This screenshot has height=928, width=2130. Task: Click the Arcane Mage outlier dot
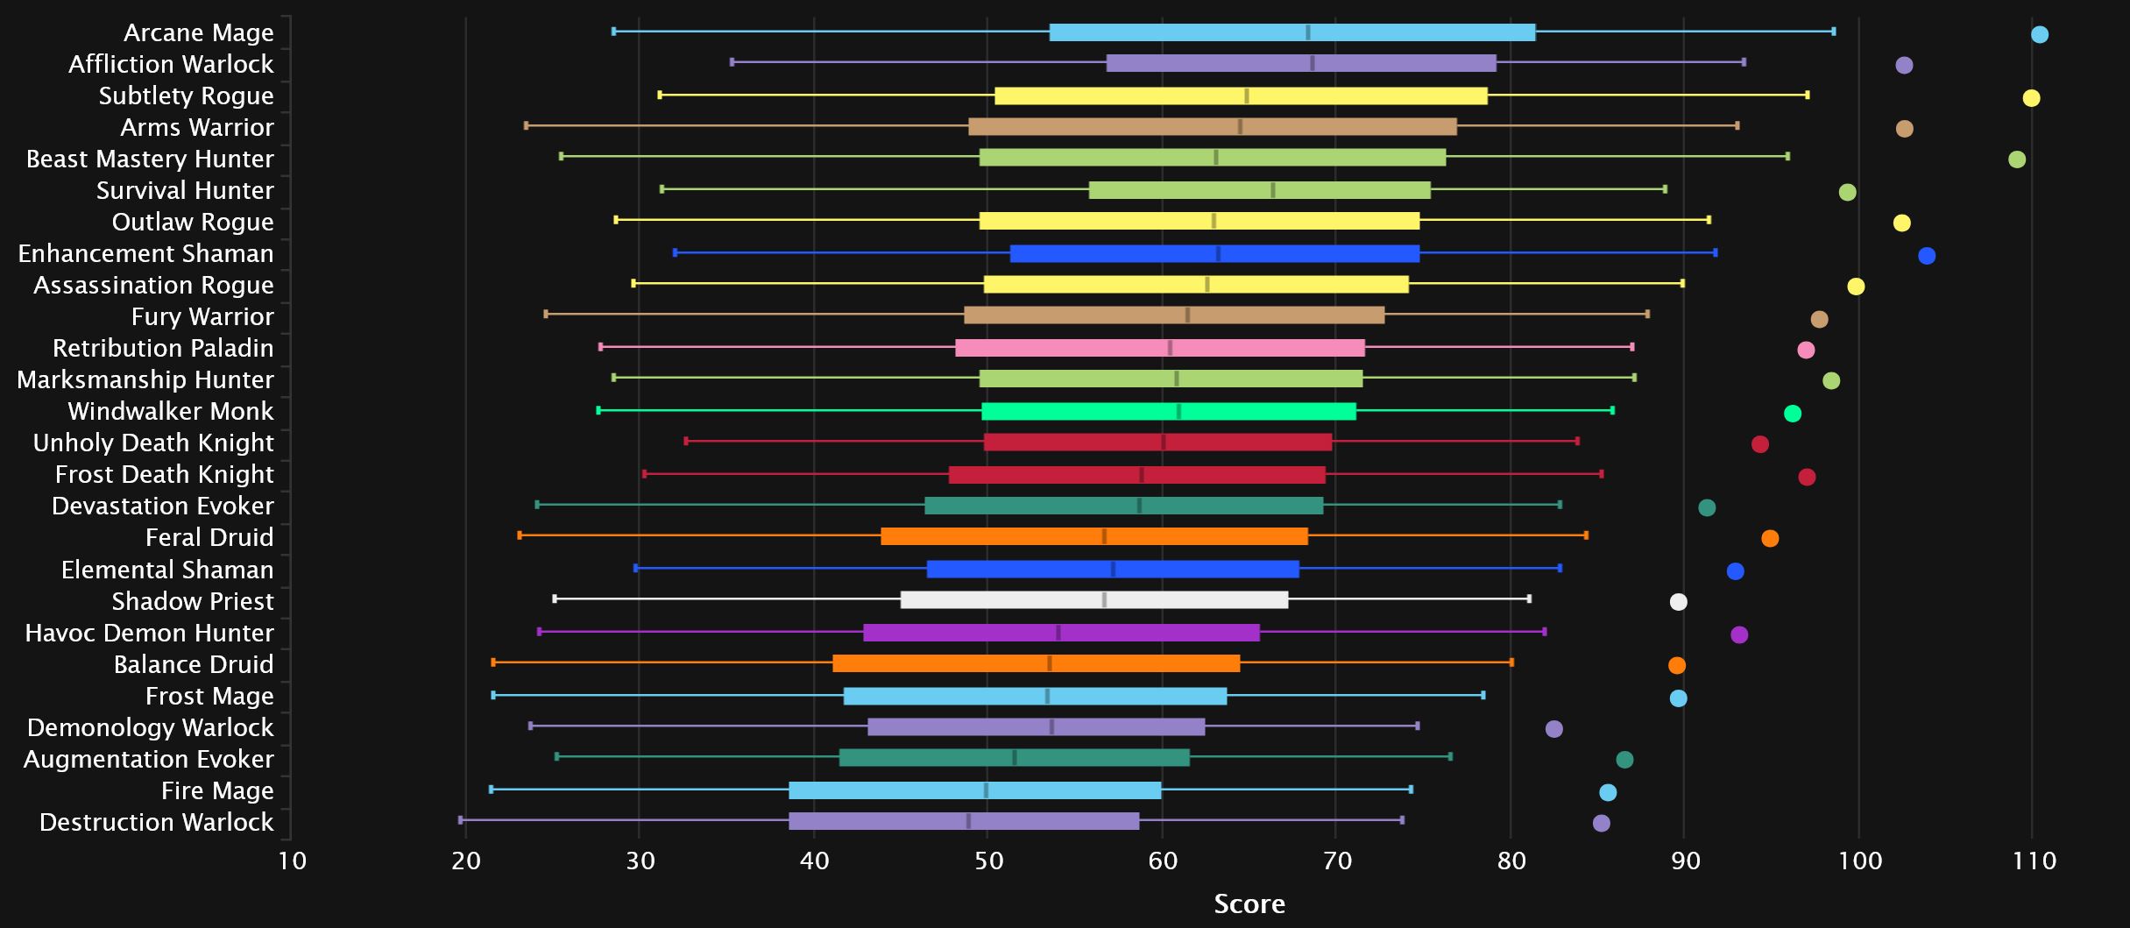(2040, 35)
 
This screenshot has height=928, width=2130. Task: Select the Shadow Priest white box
(1094, 600)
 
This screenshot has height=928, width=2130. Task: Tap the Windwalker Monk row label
(171, 412)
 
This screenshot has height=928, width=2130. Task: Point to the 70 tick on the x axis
(1337, 861)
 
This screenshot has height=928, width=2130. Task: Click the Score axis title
(1249, 904)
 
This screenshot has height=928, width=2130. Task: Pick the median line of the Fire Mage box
(986, 790)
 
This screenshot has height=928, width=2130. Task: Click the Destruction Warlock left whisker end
(461, 820)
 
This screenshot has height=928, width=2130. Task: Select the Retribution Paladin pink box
(1160, 348)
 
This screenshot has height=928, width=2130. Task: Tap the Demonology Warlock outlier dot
(1554, 729)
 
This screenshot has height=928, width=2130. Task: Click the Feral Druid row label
(209, 538)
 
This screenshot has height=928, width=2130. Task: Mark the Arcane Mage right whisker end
(1834, 32)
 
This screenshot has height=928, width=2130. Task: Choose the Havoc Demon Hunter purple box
(1061, 633)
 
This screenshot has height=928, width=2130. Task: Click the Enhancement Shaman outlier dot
(1927, 256)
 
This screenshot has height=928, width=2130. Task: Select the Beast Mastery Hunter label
(150, 159)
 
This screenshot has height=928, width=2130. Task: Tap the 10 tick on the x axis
(292, 861)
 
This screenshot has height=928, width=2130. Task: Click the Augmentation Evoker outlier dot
(1624, 760)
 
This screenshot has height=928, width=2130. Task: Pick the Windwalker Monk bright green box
(1169, 412)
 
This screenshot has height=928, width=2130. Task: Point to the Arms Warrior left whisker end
(526, 125)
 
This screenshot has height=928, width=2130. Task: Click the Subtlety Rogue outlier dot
(2031, 98)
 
